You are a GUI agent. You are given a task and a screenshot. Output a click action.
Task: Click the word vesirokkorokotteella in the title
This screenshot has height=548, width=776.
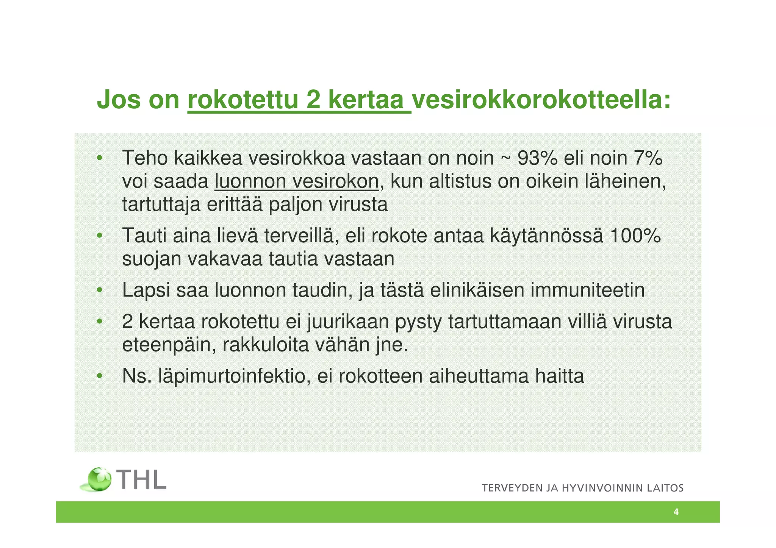(541, 100)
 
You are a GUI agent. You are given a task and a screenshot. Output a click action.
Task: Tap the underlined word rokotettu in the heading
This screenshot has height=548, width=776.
(243, 100)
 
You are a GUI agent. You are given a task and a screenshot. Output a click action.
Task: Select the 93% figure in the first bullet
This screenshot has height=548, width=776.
(537, 158)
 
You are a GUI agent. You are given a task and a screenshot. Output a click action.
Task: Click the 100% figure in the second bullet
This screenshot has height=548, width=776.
(635, 236)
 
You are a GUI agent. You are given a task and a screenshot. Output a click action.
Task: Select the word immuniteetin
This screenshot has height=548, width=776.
(587, 290)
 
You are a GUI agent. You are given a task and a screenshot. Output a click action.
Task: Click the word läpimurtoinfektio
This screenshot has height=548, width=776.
(232, 376)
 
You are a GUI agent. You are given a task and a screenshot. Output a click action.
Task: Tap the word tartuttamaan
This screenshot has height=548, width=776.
(505, 322)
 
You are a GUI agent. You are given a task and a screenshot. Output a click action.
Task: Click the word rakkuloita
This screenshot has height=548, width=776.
(266, 345)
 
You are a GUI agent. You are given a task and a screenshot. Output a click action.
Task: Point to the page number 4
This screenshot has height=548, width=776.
(676, 512)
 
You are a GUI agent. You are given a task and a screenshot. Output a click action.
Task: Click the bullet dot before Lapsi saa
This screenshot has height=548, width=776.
(99, 290)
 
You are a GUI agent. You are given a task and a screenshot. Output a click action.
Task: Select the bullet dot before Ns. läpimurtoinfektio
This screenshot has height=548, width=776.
(99, 376)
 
